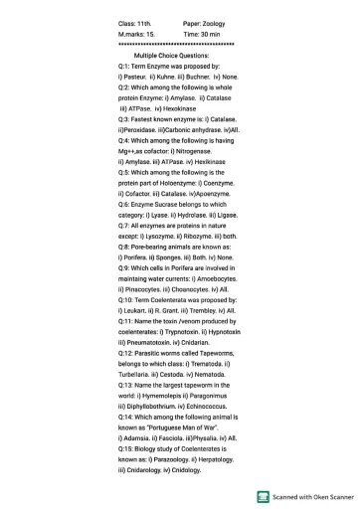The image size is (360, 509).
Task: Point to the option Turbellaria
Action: click(x=139, y=381)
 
